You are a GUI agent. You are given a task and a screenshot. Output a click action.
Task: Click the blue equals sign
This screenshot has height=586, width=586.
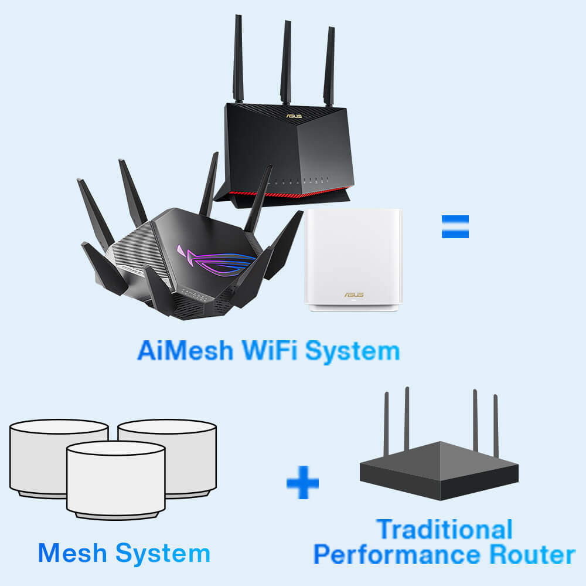tap(455, 226)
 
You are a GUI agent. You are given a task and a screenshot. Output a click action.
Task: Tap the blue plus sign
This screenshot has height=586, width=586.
tap(302, 483)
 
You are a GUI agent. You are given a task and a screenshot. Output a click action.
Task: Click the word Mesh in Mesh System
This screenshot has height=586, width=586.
tap(72, 553)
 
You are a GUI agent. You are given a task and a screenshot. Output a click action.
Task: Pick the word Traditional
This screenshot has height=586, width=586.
tap(445, 529)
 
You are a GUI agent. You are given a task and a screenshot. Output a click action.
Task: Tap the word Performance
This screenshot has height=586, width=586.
tap(391, 554)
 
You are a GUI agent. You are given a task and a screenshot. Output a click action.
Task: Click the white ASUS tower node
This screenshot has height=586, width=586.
tap(353, 258)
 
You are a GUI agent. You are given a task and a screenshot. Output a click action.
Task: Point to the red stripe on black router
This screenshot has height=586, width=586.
tap(281, 192)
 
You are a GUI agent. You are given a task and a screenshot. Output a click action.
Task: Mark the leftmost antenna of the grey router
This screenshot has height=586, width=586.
tap(386, 422)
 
